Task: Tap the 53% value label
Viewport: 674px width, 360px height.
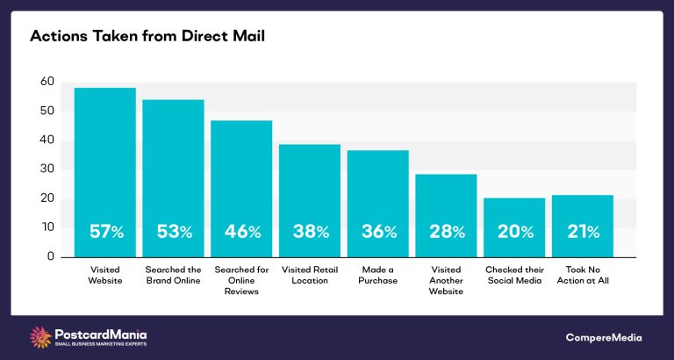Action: coord(173,232)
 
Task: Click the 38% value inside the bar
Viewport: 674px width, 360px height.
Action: coord(310,232)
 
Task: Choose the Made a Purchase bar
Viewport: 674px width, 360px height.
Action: coord(378,184)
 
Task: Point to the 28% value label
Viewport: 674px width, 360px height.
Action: coord(447,232)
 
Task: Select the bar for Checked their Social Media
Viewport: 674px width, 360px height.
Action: coord(514,211)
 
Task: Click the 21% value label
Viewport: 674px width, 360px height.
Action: coord(583,232)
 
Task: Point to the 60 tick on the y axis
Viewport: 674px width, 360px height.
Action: coord(47,82)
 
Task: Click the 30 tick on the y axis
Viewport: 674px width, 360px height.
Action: coord(47,169)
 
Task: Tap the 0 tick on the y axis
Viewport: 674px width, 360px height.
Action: coord(50,256)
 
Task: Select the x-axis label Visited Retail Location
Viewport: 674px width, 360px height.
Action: coord(310,275)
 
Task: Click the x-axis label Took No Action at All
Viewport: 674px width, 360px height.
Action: coord(583,275)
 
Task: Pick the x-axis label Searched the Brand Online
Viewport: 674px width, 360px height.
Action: coord(173,275)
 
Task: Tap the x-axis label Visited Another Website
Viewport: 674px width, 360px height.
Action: coord(447,280)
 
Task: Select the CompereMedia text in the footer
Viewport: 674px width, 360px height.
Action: coord(603,337)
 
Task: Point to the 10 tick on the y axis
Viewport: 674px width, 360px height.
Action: coord(47,227)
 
